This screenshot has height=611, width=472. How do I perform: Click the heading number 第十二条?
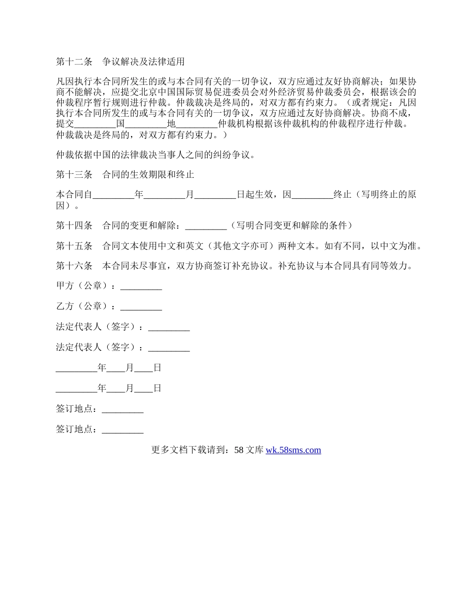click(74, 62)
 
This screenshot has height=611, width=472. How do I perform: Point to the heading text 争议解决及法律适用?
click(144, 62)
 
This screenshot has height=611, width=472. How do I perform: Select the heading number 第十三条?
click(74, 175)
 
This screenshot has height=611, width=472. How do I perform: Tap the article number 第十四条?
click(74, 226)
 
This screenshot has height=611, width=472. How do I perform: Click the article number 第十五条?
click(74, 246)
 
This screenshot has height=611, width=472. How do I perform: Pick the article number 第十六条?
click(74, 266)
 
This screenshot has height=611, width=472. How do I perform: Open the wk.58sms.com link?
click(293, 450)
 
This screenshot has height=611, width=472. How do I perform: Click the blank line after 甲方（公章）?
click(141, 287)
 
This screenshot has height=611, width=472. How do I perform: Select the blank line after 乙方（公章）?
click(141, 306)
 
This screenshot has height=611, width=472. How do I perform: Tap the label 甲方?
click(65, 287)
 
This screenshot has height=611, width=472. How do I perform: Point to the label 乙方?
click(65, 306)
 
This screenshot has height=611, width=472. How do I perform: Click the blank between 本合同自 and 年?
click(113, 195)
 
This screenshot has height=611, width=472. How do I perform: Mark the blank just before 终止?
click(312, 195)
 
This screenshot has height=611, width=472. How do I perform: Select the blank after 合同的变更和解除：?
click(206, 226)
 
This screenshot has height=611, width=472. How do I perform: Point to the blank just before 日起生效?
click(215, 195)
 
